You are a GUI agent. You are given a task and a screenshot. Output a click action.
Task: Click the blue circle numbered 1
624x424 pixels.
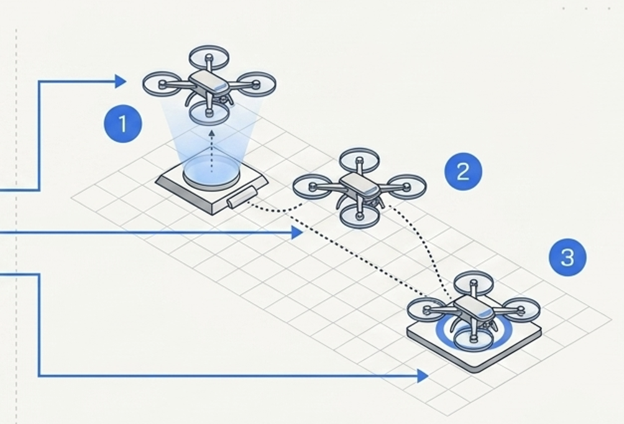[x=122, y=124]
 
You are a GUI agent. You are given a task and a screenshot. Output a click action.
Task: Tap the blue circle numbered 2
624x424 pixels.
[x=463, y=171]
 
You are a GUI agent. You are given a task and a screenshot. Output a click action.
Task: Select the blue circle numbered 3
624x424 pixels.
[x=567, y=257]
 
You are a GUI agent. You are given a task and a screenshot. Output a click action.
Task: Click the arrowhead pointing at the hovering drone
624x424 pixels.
[x=121, y=81]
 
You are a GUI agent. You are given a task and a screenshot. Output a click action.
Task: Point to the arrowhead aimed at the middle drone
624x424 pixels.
[x=296, y=233]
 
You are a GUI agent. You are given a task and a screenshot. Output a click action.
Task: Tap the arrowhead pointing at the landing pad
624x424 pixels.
[x=423, y=376]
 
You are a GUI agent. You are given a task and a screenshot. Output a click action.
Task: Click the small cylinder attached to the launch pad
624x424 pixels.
[x=239, y=197]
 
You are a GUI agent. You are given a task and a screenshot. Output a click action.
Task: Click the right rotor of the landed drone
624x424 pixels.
[x=521, y=307]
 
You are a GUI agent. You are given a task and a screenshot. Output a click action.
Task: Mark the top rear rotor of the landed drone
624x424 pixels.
[x=474, y=283]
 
